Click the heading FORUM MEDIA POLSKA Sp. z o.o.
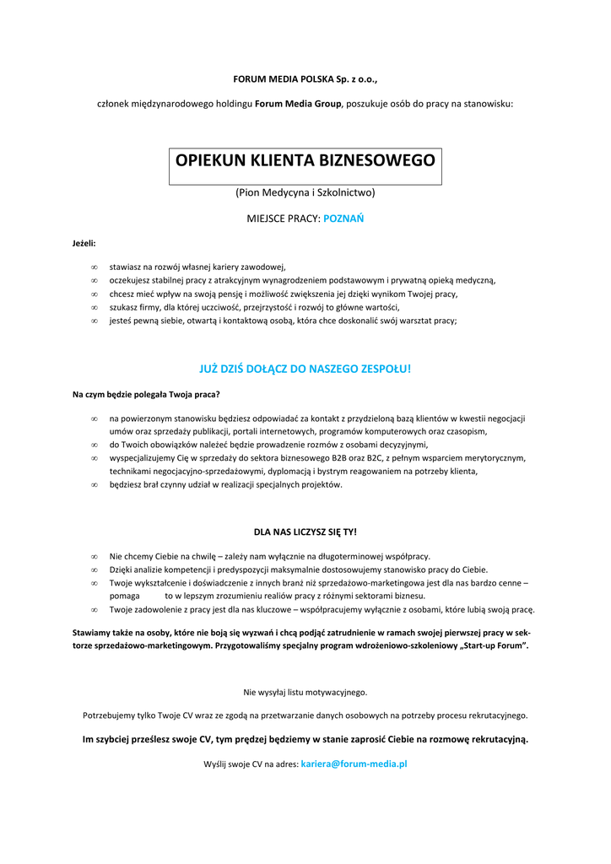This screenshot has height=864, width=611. pos(305,79)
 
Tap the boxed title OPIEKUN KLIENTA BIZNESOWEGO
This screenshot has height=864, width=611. pos(305,160)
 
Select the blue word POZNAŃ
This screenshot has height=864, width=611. pos(343,218)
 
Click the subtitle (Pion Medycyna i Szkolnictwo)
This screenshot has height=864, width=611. pos(305,192)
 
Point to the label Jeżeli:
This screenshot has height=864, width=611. pos(84,243)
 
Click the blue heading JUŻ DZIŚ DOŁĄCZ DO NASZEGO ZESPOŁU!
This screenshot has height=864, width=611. pos(305,369)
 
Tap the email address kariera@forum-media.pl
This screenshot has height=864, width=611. pos(354,764)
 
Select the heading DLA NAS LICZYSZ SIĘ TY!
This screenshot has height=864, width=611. pos(305,532)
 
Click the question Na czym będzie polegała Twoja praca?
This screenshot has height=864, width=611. pos(146,394)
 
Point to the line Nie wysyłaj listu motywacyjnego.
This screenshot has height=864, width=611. pos(305,692)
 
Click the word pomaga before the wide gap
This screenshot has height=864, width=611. pos(124,596)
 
